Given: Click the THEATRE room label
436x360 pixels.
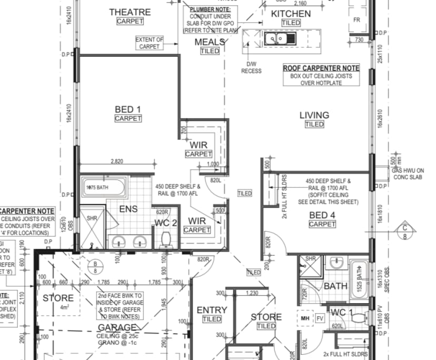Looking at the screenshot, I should (x=130, y=12).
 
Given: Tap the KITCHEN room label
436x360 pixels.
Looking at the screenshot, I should (x=291, y=14).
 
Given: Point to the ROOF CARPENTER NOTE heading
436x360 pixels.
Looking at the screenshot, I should (x=321, y=68).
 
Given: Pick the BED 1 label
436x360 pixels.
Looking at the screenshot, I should (x=128, y=109).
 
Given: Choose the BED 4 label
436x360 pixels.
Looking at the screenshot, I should (x=322, y=215).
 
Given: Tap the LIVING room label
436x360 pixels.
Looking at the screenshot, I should (x=314, y=115).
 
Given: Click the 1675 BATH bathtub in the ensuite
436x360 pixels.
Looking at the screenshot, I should (x=104, y=187).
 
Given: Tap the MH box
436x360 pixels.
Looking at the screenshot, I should (x=305, y=318).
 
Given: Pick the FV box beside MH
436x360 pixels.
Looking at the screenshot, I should (x=319, y=318).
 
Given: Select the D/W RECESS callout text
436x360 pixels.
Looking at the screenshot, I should (x=251, y=67).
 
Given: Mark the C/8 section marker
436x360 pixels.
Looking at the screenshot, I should (x=404, y=231).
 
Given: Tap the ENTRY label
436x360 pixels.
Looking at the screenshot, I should (x=212, y=311).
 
